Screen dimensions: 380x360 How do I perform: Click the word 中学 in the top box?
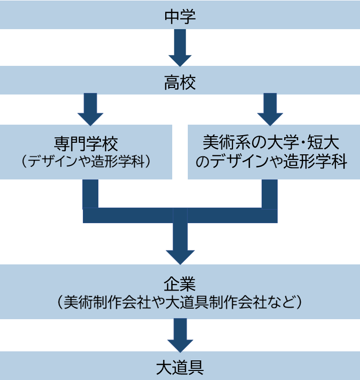click(x=180, y=17)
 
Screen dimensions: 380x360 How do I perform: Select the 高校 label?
click(x=180, y=82)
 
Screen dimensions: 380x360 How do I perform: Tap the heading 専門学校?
click(x=86, y=144)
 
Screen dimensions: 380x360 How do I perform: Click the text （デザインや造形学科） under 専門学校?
click(x=86, y=162)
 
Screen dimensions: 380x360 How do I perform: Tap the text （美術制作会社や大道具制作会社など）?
click(x=180, y=302)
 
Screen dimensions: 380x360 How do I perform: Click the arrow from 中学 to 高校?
click(x=180, y=48)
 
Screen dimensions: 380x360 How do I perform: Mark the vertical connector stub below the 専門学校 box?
click(x=90, y=194)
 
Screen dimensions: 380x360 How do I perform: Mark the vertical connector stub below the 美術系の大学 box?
click(x=270, y=194)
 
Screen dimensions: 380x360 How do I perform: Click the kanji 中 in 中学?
click(x=172, y=17)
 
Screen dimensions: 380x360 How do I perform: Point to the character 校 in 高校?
click(x=188, y=82)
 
